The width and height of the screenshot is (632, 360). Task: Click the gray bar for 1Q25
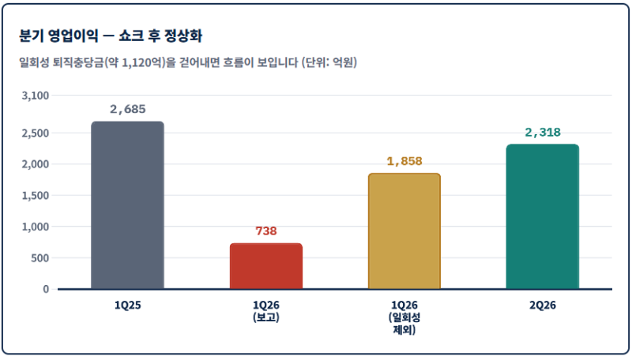click(127, 205)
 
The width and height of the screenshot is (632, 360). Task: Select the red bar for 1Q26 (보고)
click(266, 266)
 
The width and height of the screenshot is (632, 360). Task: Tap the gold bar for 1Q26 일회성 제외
click(404, 231)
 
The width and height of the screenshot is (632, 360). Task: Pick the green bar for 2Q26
click(543, 216)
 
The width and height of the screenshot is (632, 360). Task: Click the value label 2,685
click(128, 109)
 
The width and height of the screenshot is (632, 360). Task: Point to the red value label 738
click(266, 231)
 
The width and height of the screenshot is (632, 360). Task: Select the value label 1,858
click(404, 161)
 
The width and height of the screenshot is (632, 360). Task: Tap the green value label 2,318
click(543, 132)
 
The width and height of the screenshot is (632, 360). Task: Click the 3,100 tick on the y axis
click(36, 96)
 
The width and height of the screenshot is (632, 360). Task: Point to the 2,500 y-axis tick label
click(36, 133)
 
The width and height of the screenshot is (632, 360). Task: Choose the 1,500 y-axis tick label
click(36, 195)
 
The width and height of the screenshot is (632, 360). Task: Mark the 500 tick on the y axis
click(40, 257)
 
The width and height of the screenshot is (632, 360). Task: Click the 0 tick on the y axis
click(46, 289)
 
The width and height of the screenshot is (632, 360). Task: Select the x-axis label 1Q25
click(127, 306)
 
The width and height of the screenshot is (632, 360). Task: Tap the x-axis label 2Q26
click(543, 306)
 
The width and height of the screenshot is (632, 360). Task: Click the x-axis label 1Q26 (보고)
click(266, 311)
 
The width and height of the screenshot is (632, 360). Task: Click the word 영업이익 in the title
click(73, 36)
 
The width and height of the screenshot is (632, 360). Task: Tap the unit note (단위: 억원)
click(329, 62)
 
